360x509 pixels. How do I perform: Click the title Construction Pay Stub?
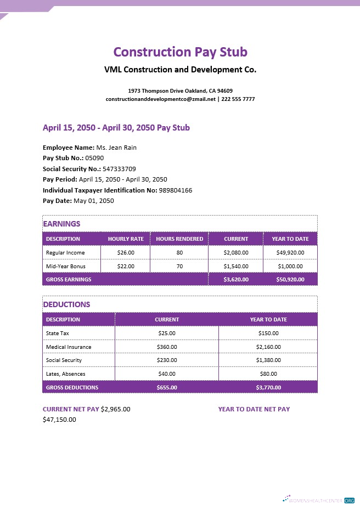coord(180,52)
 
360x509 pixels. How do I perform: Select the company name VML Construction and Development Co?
coord(180,70)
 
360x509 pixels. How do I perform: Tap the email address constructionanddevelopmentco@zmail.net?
coord(161,99)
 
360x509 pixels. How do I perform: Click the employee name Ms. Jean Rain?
coord(116,148)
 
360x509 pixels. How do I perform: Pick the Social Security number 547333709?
coord(119,169)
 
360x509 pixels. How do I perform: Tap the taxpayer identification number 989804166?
coord(175,190)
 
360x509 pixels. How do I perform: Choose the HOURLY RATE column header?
coord(126,239)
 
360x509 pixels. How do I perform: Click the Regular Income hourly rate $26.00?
coord(126,253)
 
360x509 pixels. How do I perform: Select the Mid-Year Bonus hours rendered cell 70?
coord(179,266)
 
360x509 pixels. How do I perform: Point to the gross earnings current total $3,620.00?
coord(236,279)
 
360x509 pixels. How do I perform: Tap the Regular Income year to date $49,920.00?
coord(290,253)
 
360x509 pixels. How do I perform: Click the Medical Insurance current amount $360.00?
coord(167,347)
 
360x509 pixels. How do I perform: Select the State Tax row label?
coord(58,333)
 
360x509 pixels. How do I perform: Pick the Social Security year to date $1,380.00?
coord(268,360)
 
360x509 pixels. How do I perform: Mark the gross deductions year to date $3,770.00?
coord(268,387)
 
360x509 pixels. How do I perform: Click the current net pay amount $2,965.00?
coord(115,409)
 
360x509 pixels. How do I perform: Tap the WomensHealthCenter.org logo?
coord(319,500)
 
